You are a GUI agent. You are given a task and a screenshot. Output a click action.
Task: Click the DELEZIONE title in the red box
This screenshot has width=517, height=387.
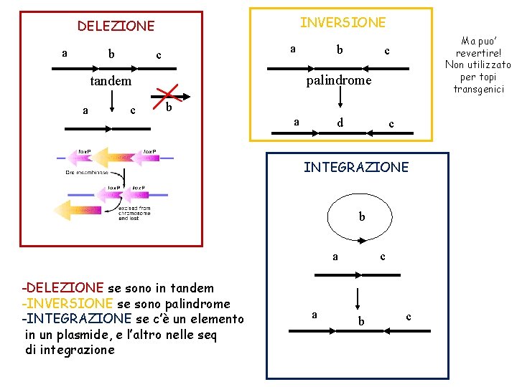[x=116, y=26]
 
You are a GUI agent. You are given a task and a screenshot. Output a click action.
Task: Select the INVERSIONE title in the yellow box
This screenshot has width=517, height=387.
[x=343, y=22]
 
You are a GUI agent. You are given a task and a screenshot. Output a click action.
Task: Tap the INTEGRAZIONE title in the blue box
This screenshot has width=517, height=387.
[x=355, y=167]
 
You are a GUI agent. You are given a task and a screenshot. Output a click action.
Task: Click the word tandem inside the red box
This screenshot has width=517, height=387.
[x=111, y=81]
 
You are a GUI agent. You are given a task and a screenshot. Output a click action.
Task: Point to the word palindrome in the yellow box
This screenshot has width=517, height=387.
[x=339, y=80]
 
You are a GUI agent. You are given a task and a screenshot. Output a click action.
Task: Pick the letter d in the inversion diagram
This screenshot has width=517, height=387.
[x=340, y=123]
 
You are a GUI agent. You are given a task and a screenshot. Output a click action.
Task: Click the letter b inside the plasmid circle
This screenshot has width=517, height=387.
[x=362, y=216]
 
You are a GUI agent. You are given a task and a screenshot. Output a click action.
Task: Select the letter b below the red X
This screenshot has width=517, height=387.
[x=168, y=108]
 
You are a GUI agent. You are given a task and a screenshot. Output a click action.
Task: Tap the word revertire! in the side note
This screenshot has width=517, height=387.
[x=477, y=53]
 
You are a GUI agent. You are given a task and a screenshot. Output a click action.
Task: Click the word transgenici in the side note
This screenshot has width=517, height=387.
[x=478, y=89]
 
